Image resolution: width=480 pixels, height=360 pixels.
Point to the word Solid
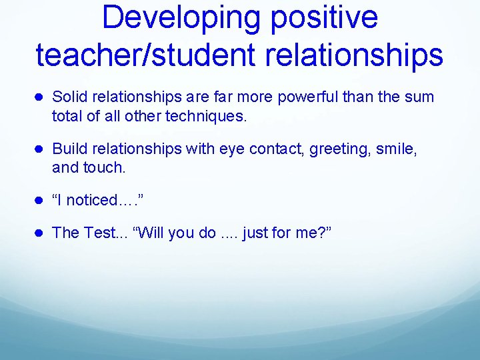pos(69,97)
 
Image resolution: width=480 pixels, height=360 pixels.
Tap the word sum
pos(419,97)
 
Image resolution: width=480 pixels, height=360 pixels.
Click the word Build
pos(68,149)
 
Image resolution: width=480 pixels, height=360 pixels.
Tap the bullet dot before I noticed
pos(40,201)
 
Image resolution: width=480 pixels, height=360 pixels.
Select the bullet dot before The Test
pos(40,233)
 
